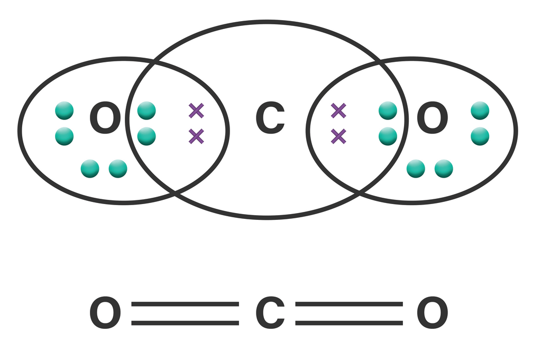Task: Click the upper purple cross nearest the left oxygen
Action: [x=196, y=110]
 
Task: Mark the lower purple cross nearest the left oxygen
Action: [x=196, y=136]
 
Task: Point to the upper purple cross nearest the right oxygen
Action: [x=338, y=110]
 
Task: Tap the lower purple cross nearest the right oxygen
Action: [x=338, y=136]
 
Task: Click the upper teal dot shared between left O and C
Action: [x=146, y=110]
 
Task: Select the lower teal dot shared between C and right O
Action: [x=388, y=136]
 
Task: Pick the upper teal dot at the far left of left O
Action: [x=65, y=110]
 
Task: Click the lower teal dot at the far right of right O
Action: [x=480, y=136]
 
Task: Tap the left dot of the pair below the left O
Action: [x=90, y=169]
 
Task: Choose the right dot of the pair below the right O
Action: [x=444, y=169]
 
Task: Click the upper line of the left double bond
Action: [x=185, y=304]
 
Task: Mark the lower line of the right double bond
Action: [x=349, y=322]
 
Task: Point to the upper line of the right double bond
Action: [x=349, y=304]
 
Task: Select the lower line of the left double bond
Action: [x=185, y=322]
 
